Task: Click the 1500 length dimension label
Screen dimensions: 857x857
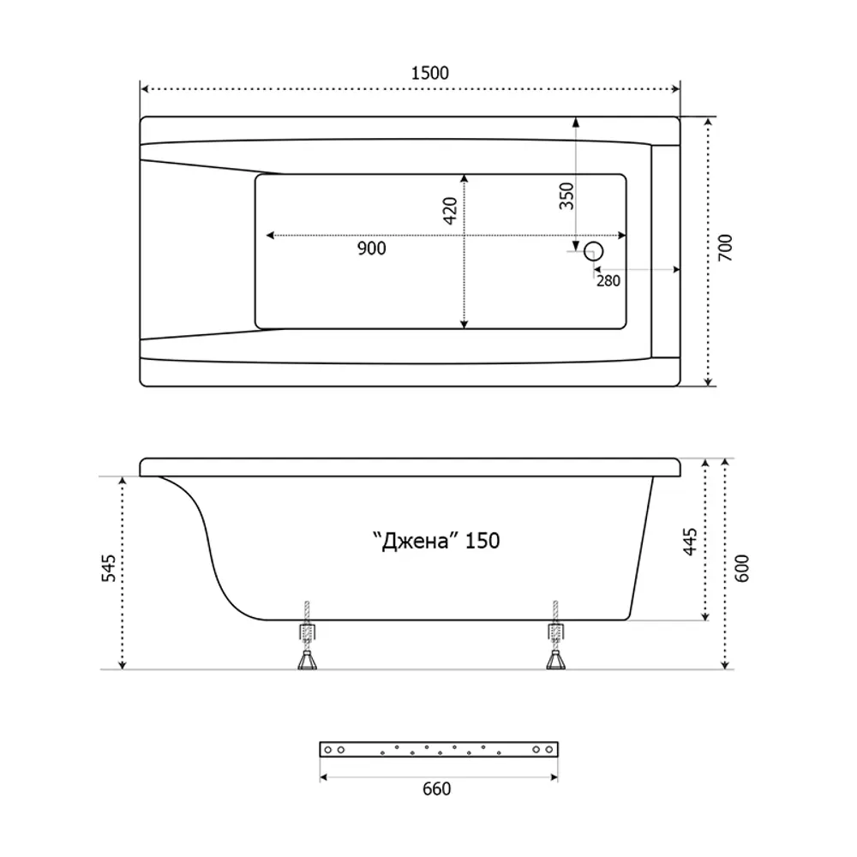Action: tap(429, 73)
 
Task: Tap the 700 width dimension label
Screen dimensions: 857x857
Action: tap(724, 247)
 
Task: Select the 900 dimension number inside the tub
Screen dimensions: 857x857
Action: tap(372, 249)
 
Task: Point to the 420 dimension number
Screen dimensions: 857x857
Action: tap(450, 211)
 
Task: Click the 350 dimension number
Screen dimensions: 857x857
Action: tap(566, 196)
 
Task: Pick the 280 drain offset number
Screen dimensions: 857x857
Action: tap(608, 280)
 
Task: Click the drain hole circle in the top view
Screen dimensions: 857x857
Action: tap(594, 251)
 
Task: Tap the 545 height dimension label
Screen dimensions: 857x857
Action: tap(109, 568)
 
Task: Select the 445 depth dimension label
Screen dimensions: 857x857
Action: tap(690, 542)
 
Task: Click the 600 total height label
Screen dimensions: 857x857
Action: tap(741, 568)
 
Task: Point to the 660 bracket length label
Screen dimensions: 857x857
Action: tap(437, 788)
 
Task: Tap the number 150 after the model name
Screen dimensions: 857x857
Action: tap(482, 541)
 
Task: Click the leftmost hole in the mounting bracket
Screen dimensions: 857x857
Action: tap(328, 750)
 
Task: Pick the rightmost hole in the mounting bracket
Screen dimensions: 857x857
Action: tap(549, 750)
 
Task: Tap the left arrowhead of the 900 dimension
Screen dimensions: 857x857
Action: tap(270, 236)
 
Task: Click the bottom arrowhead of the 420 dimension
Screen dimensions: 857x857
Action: tap(464, 325)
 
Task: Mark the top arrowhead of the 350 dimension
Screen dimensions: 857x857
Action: tap(576, 123)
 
